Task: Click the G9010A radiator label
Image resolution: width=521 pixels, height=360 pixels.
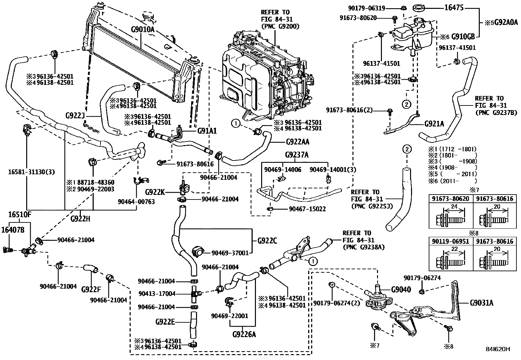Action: (142, 29)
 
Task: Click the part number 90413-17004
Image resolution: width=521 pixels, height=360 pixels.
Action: (157, 294)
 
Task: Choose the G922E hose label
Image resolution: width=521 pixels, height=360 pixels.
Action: (165, 322)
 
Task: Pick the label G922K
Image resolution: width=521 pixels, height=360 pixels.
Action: (155, 192)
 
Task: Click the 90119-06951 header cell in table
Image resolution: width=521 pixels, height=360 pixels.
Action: (451, 241)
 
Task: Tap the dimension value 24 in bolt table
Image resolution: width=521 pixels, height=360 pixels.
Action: (453, 207)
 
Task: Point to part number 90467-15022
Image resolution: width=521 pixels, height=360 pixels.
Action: (307, 209)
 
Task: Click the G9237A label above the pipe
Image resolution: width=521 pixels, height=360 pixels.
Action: (296, 155)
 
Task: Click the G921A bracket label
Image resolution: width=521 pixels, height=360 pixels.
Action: (434, 124)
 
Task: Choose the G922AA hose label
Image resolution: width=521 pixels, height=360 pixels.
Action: (297, 142)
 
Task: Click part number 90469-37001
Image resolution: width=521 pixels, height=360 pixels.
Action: (230, 253)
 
